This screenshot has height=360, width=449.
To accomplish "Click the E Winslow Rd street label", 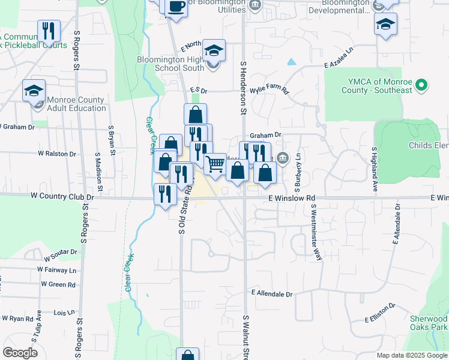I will click(x=292, y=198).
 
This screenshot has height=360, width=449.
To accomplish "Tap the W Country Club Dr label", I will click(x=62, y=196).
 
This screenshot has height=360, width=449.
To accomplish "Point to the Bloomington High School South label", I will click(x=171, y=64).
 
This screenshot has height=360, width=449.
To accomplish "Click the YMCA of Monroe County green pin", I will click(x=422, y=86).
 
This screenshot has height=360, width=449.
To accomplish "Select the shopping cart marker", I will click(x=215, y=163).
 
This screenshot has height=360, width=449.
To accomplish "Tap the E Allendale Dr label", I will click(x=272, y=294).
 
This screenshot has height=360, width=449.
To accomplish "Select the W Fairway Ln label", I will click(x=57, y=270).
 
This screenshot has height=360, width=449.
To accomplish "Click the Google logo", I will click(x=20, y=353).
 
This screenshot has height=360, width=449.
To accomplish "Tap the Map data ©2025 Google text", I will click(x=411, y=355).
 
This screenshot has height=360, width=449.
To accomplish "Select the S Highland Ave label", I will click(x=374, y=170).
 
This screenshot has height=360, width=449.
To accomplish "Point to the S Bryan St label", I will click(x=112, y=139).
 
